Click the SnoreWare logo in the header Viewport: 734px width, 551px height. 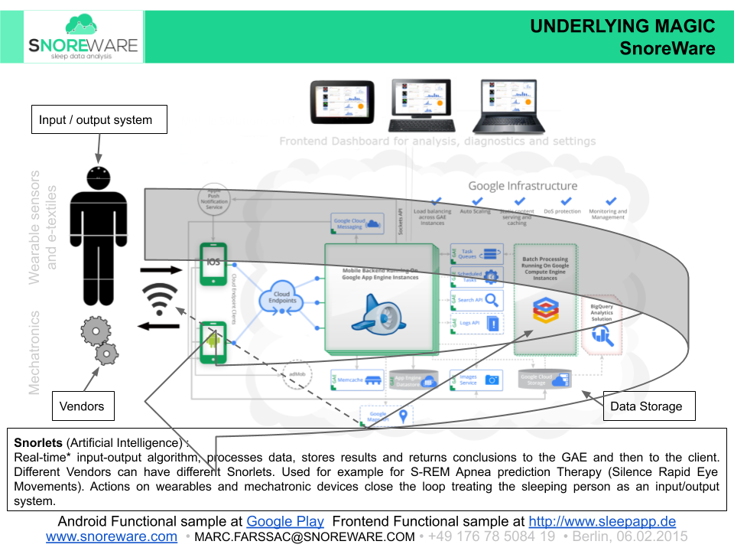click(83, 37)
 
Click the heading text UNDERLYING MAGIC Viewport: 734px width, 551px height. click(622, 27)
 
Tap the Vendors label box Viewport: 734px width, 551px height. click(83, 406)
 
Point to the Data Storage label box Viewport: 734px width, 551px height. click(646, 406)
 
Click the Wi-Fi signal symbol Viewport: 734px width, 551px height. click(160, 299)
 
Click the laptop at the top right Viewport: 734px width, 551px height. click(505, 106)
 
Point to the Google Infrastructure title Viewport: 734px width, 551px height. click(522, 185)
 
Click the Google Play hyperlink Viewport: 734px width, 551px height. click(285, 522)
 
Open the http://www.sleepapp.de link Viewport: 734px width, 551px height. click(602, 522)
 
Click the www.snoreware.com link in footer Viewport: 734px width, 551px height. click(112, 537)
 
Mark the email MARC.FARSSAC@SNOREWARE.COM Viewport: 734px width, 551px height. click(304, 537)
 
